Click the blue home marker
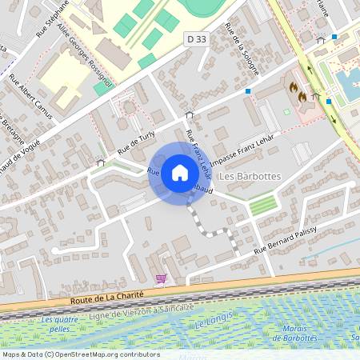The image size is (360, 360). click(179, 173)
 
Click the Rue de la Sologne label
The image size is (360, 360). click(242, 49)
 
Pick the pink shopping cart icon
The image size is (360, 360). click(161, 278)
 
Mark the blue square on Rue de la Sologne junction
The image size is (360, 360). click(248, 91)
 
